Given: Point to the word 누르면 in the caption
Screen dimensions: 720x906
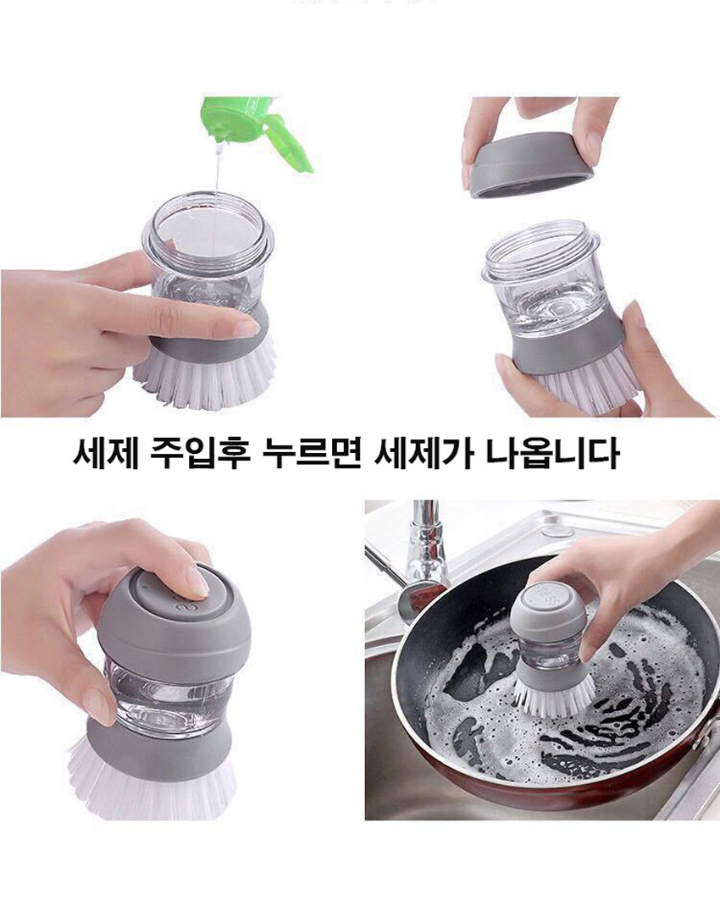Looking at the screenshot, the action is point(311,454).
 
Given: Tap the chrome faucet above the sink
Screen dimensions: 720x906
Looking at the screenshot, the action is point(427,543).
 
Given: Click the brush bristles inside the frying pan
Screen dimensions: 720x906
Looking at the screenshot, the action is point(555,694).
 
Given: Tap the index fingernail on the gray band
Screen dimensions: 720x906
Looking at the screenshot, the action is point(248,328).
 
